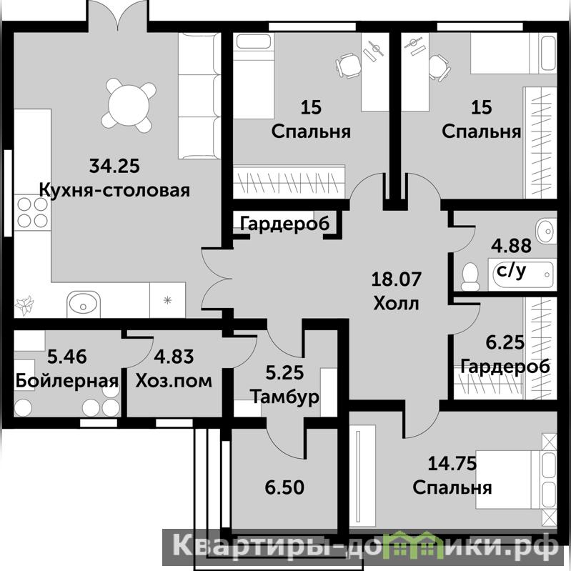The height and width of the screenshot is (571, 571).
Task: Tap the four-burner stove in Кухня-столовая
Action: pos(32,212)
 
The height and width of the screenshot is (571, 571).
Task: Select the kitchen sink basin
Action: pos(84,303)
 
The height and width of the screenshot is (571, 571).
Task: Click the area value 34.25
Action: pos(114,166)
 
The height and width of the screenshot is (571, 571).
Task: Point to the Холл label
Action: pos(396,303)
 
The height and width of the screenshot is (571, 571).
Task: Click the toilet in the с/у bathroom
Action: pos(470,276)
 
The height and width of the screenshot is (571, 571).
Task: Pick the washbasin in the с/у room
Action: pos(546,231)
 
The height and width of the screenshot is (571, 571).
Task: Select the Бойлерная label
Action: pos(67,380)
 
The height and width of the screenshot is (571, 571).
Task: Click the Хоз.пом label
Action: pos(174,380)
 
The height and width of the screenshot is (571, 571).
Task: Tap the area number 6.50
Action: pos(284,487)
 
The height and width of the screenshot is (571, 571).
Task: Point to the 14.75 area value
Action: pos(452,464)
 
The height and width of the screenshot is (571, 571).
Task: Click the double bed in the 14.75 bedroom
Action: pos(516,480)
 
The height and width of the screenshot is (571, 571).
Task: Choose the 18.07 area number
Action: pos(396,279)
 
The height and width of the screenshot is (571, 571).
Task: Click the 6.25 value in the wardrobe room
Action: pos(505,342)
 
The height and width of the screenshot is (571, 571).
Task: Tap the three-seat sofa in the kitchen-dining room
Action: pos(199,96)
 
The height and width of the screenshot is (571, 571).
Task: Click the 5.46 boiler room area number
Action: pos(67,357)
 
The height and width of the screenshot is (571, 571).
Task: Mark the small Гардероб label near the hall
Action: pos(284,223)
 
